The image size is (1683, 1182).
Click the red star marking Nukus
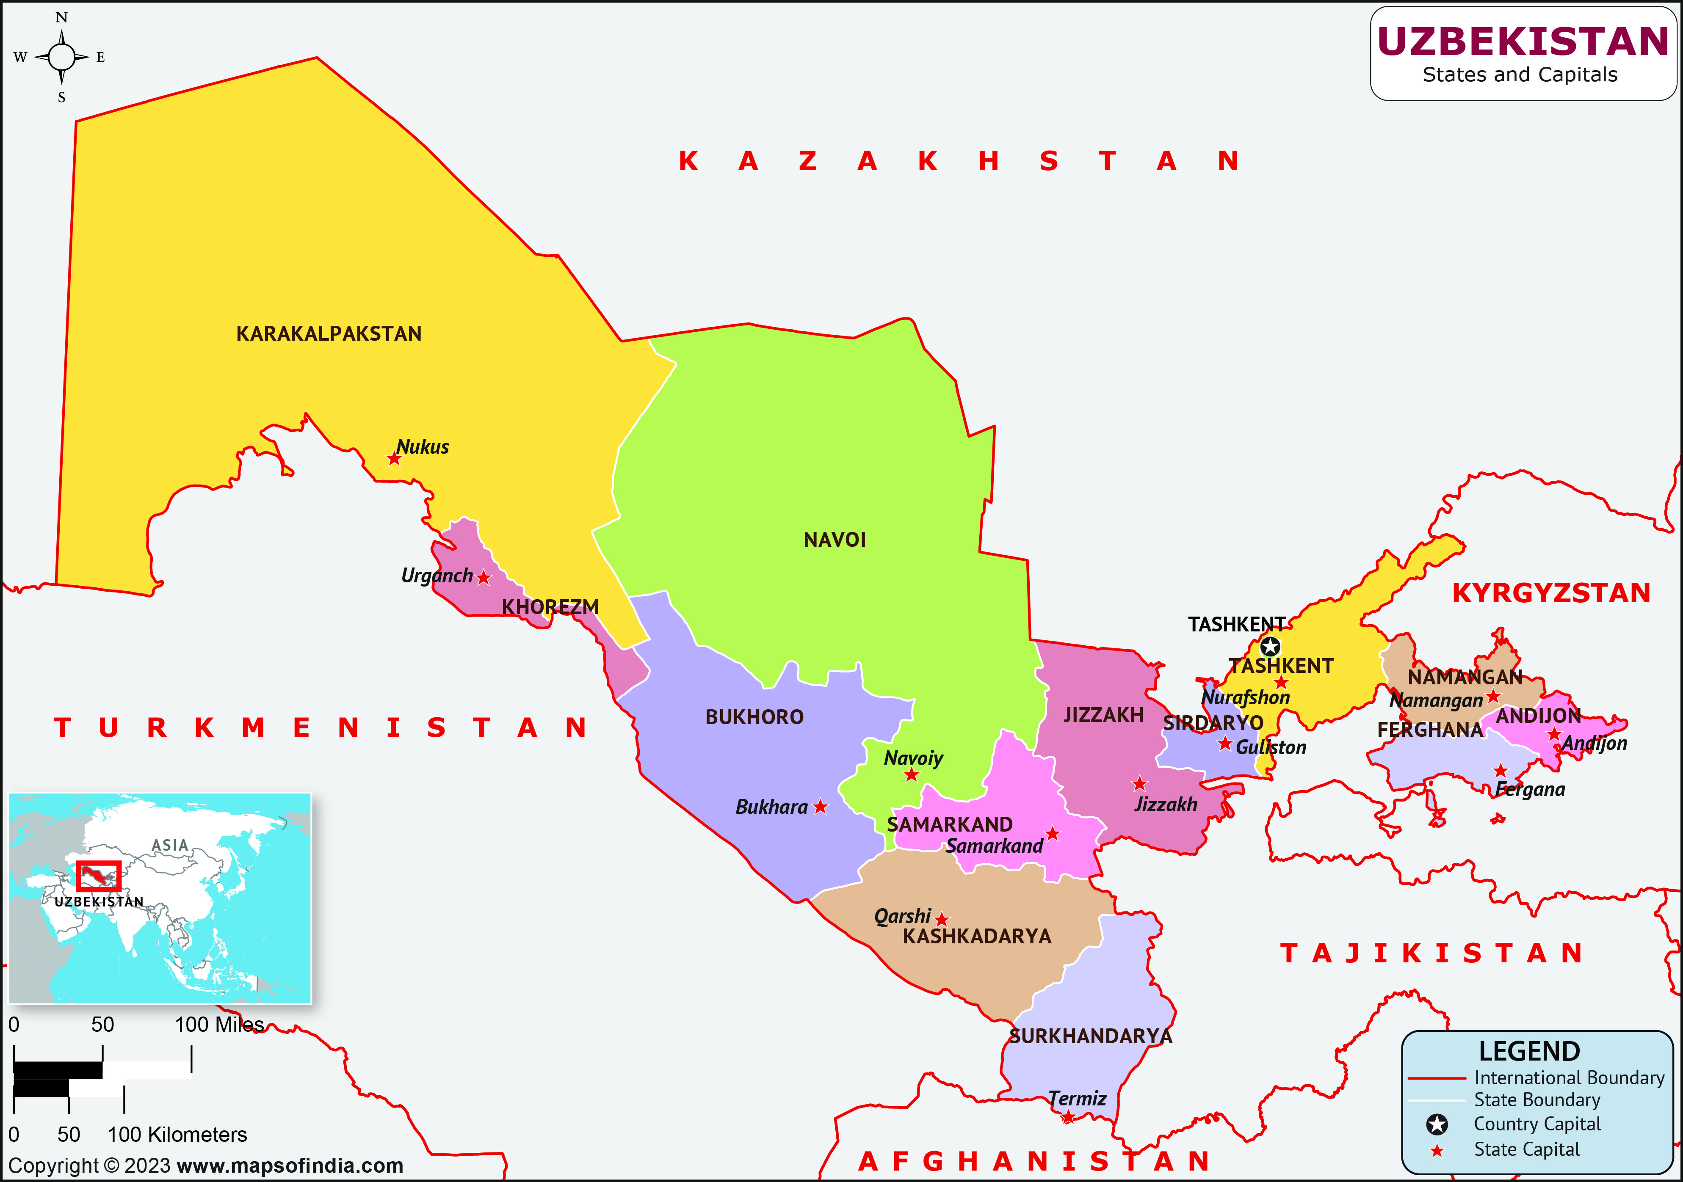pos(394,459)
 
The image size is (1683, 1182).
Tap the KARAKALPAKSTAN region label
pos(329,334)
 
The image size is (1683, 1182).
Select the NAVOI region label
pos(834,540)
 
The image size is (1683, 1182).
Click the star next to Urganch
pos(483,578)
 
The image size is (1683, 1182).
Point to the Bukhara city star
pos(820,807)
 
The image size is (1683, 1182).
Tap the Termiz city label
pos(1076,1099)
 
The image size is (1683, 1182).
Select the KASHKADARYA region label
pos(976,937)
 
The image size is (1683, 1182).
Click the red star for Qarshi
pos(942,920)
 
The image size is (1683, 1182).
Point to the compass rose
pos(61,56)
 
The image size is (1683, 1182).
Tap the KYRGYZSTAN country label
pos(1551,593)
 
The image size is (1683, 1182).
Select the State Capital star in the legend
pos(1437,1151)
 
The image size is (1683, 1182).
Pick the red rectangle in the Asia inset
pos(98,876)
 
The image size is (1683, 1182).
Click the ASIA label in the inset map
pos(170,845)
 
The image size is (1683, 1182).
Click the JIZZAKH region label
pos(1103,715)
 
